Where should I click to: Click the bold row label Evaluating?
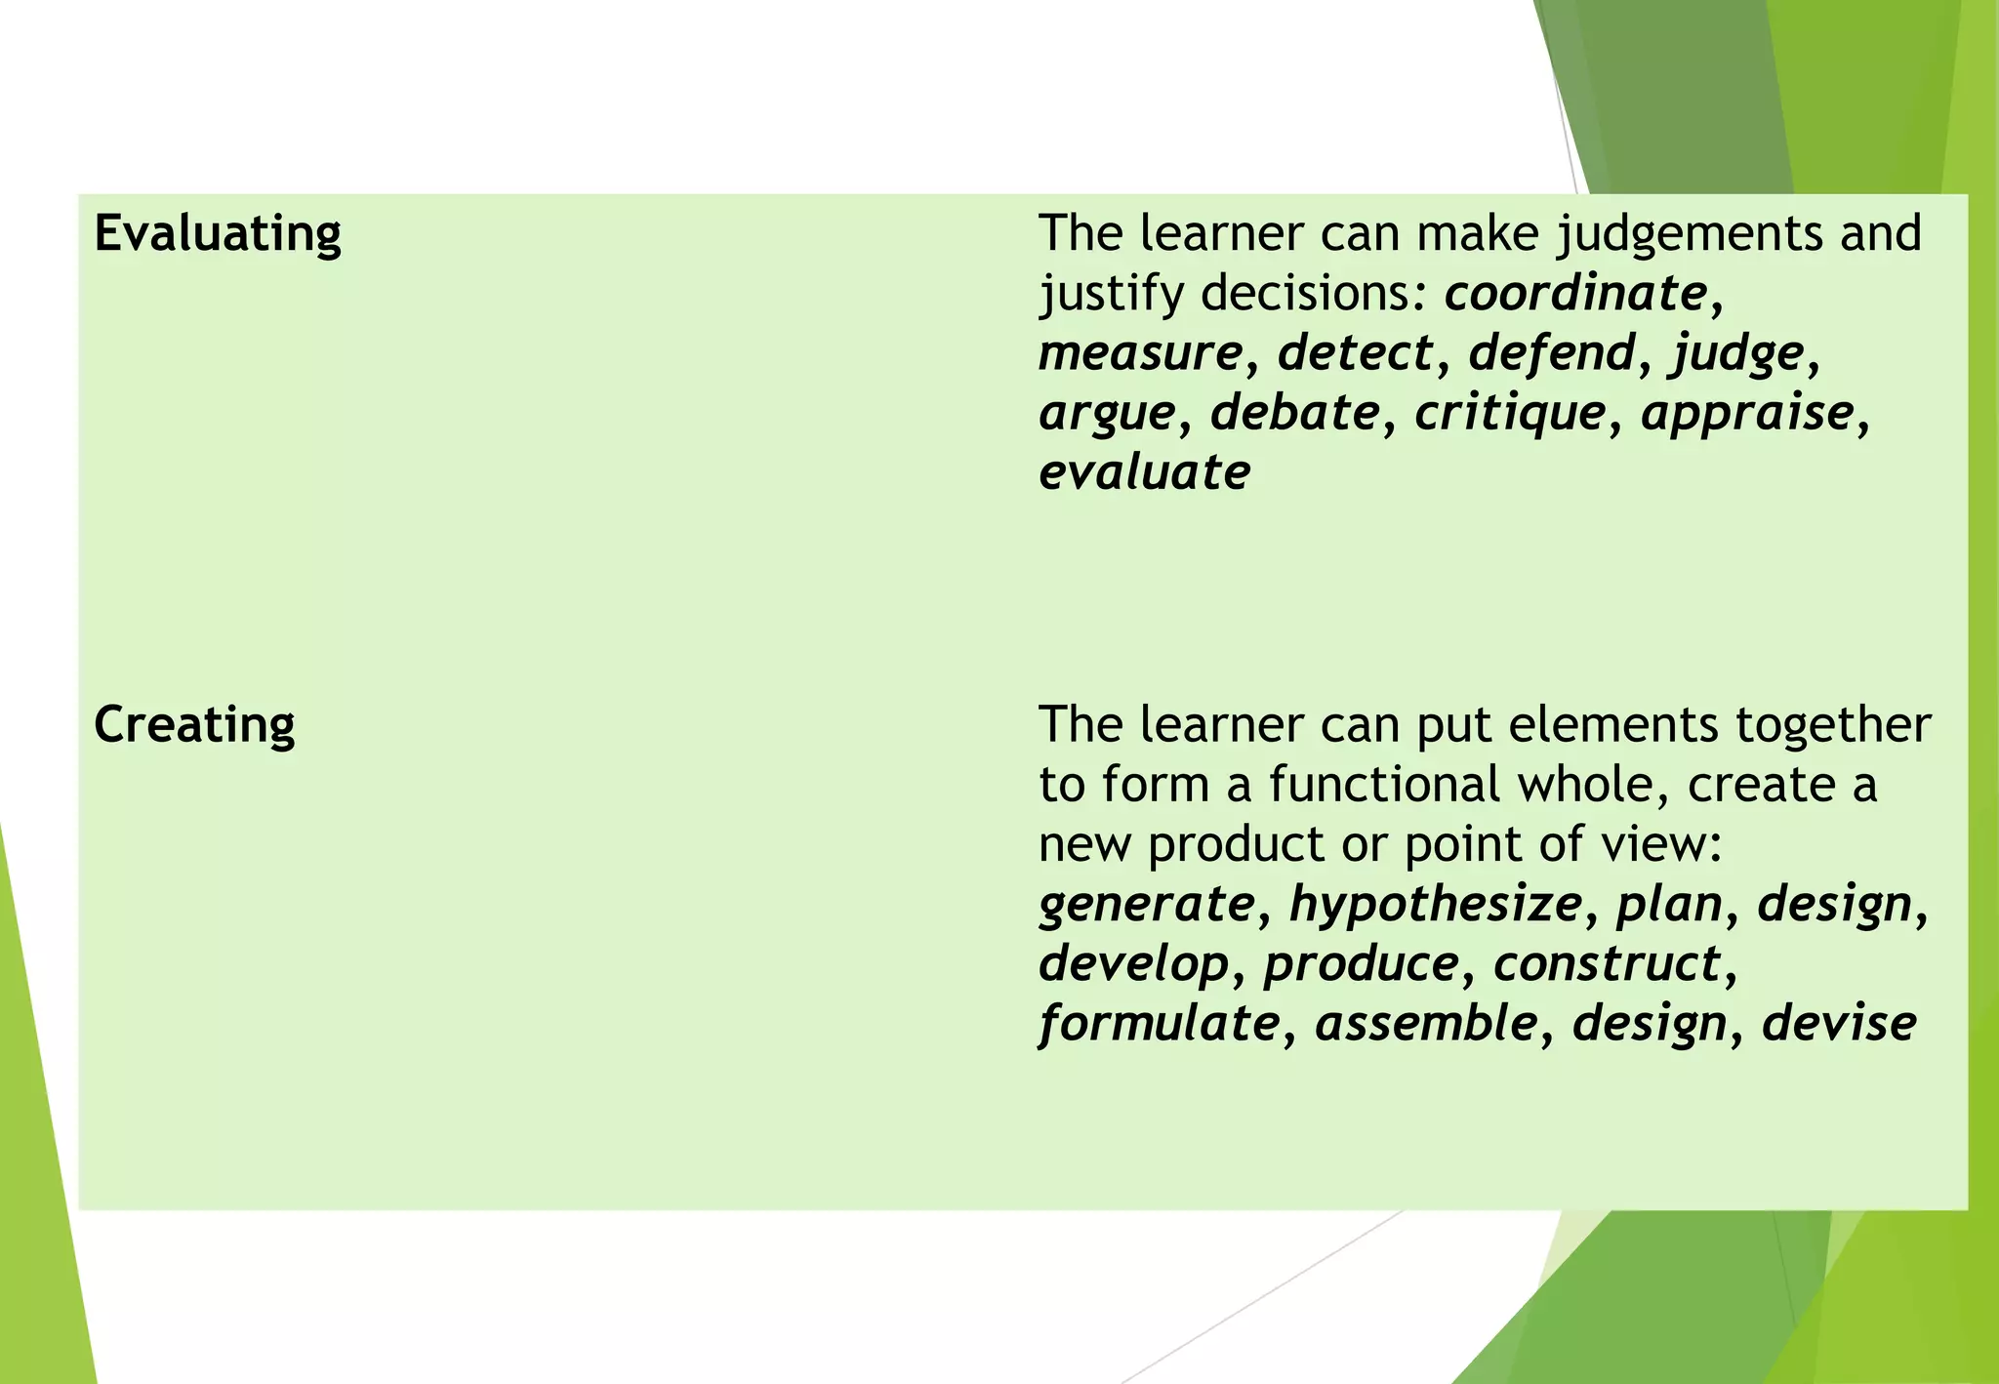tap(218, 234)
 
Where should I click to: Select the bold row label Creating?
tap(194, 725)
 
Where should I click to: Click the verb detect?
tap(1356, 352)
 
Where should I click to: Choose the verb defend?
tap(1551, 352)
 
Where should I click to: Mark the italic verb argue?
tap(1107, 414)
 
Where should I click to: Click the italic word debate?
tap(1295, 412)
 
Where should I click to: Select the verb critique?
tap(1510, 414)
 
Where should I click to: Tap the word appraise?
tap(1747, 414)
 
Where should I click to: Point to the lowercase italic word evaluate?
tap(1144, 472)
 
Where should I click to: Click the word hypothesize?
tap(1435, 904)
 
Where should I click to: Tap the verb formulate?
tap(1159, 1024)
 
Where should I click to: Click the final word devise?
tap(1839, 1023)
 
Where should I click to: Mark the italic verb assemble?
tap(1426, 1023)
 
